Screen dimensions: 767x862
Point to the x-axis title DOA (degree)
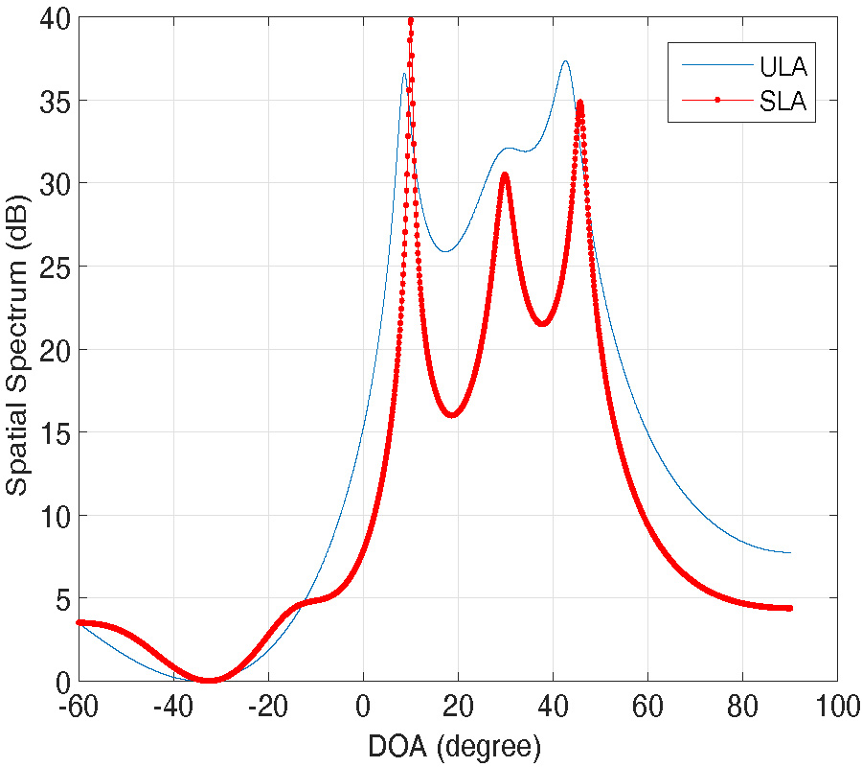pyautogui.click(x=456, y=746)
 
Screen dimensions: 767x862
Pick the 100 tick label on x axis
pyautogui.click(x=837, y=707)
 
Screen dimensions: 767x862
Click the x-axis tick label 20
pyautogui.click(x=458, y=707)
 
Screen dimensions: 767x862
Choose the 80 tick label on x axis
pyautogui.click(x=742, y=707)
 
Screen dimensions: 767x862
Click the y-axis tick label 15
pyautogui.click(x=54, y=432)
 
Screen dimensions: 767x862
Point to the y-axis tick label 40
pyautogui.click(x=54, y=17)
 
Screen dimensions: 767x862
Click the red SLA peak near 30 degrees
pyautogui.click(x=505, y=174)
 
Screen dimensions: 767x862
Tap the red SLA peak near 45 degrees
pyautogui.click(x=579, y=103)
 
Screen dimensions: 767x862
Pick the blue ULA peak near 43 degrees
pyautogui.click(x=566, y=61)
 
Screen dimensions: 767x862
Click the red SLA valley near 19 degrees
pyautogui.click(x=453, y=415)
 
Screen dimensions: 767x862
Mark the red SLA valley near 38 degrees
pyautogui.click(x=543, y=324)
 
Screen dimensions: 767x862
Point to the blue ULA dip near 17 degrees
pyautogui.click(x=445, y=252)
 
